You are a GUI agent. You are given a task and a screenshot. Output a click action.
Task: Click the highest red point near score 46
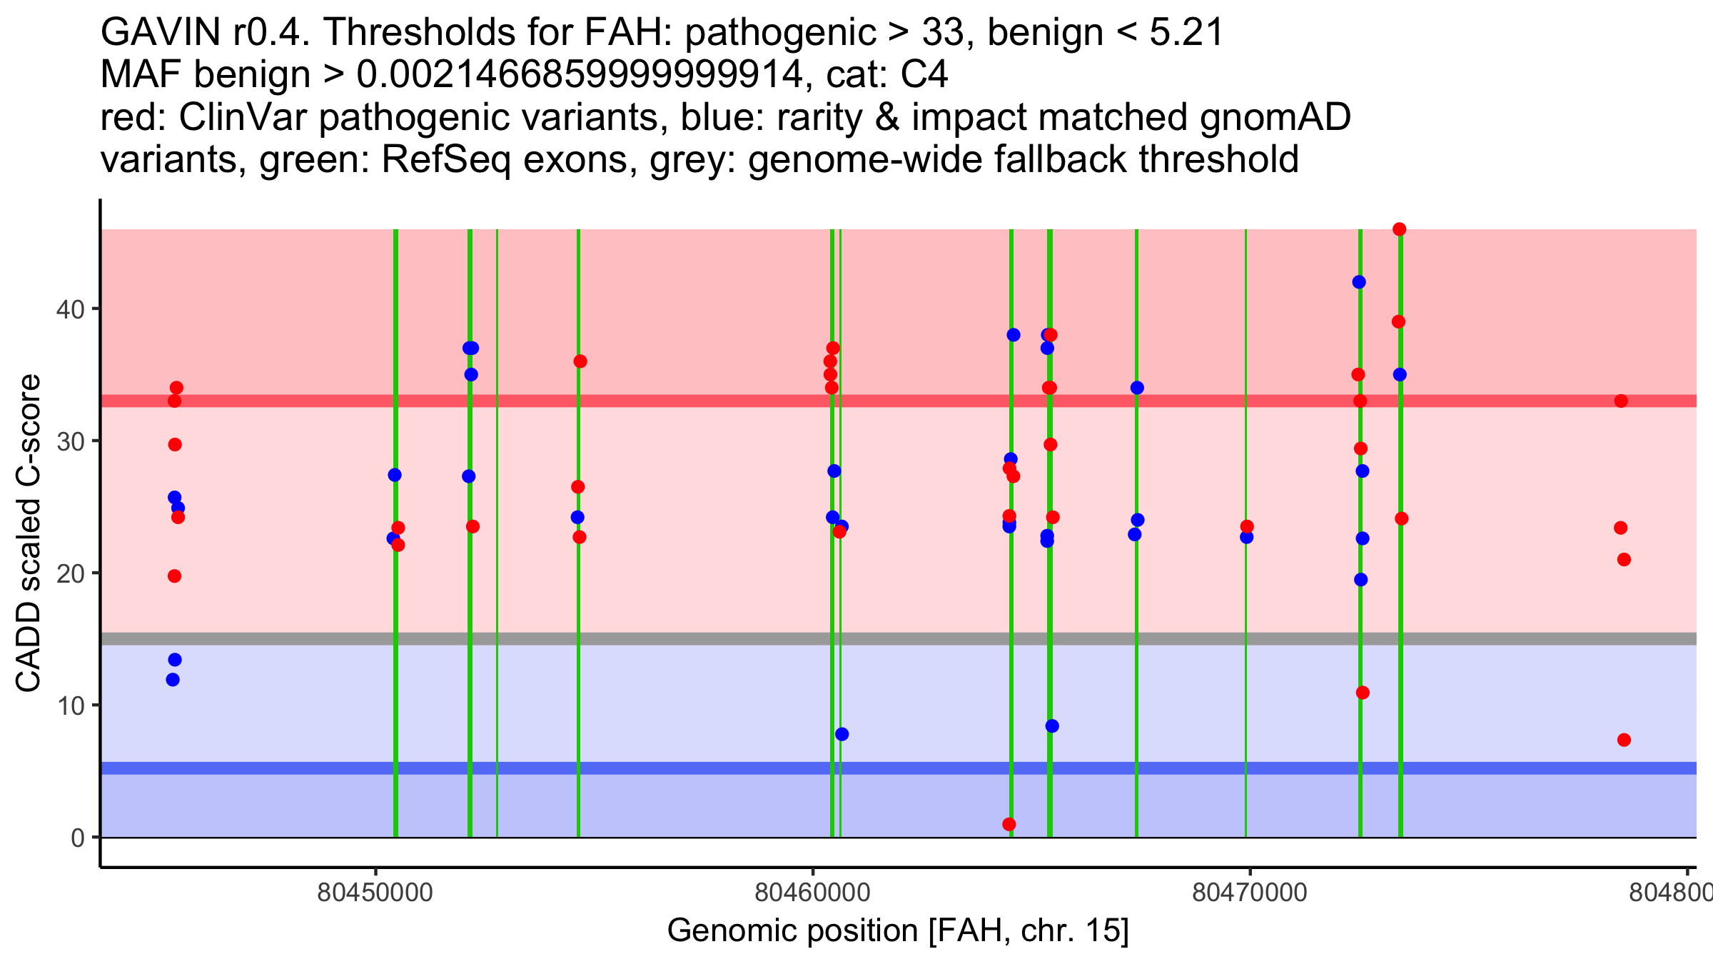(x=1399, y=229)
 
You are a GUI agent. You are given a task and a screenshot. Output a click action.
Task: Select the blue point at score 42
(x=1359, y=282)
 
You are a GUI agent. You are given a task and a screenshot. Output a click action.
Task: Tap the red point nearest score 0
(x=1009, y=824)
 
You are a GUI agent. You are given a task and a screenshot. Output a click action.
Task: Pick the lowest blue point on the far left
(x=173, y=680)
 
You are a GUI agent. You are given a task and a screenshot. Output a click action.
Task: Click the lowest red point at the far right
(x=1624, y=740)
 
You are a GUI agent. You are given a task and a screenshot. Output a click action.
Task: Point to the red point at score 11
(x=1363, y=693)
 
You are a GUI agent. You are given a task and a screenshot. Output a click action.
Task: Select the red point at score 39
(x=1398, y=322)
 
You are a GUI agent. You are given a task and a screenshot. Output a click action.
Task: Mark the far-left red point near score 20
(x=174, y=576)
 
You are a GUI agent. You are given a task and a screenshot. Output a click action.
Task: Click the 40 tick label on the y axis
(x=70, y=309)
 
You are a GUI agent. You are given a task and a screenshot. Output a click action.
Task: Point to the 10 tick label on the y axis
(x=70, y=706)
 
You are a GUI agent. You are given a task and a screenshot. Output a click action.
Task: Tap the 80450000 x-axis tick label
(x=375, y=893)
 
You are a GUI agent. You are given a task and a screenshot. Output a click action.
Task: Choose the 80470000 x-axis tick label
(x=1250, y=893)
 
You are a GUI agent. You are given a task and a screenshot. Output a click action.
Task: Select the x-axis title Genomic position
(x=898, y=931)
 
